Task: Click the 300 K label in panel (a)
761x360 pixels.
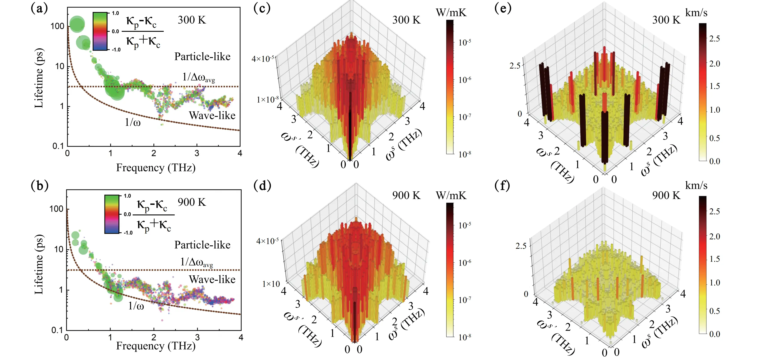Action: [192, 20]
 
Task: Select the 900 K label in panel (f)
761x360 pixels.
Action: [666, 195]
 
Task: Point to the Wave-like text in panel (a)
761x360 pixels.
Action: [212, 115]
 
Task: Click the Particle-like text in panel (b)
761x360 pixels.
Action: [202, 245]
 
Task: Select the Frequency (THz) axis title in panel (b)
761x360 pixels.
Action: [156, 346]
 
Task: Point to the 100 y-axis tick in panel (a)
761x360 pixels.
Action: [57, 26]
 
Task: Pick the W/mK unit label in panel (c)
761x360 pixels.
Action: [451, 13]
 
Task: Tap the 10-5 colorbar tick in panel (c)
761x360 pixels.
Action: [465, 42]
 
